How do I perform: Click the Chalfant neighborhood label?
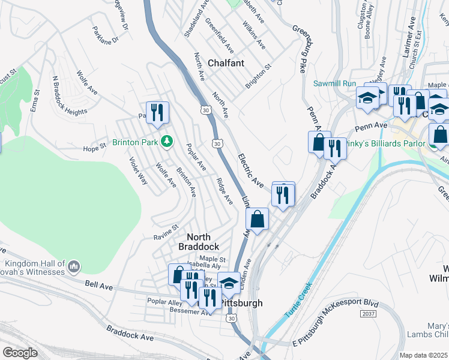point(226,63)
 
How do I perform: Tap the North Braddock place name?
point(198,242)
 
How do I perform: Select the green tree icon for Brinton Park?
point(170,142)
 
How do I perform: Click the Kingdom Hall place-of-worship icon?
point(73,265)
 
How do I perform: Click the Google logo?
point(20,352)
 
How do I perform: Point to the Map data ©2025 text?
point(424,355)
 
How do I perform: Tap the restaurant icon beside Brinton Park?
point(157,112)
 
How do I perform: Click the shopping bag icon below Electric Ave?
point(257,219)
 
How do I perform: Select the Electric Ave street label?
point(250,172)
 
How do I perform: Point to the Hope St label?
point(94,148)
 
